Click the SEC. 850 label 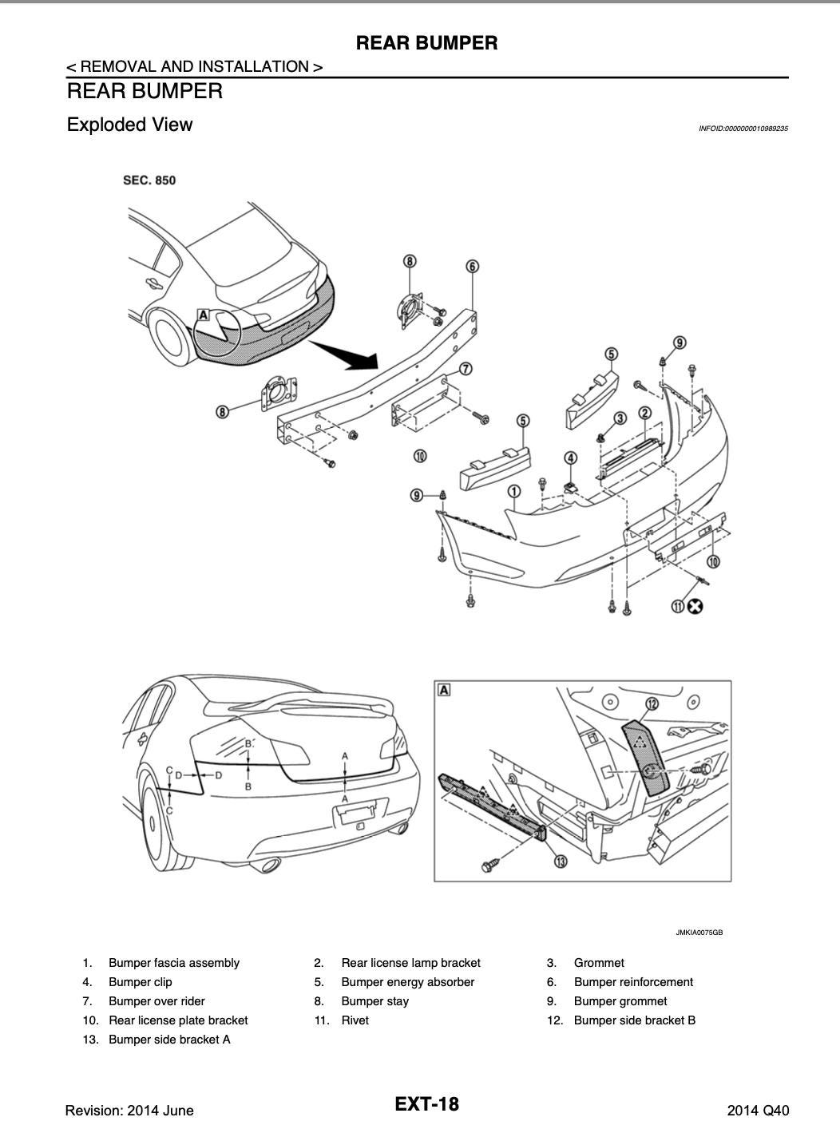click(x=149, y=180)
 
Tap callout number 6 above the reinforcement click(x=473, y=267)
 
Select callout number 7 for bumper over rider click(x=466, y=369)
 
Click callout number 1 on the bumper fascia click(x=514, y=491)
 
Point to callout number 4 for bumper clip click(x=570, y=458)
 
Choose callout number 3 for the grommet click(x=620, y=418)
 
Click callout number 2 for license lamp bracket click(x=644, y=414)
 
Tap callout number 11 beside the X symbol click(x=678, y=607)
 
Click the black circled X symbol click(x=695, y=607)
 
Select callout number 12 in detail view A click(x=652, y=703)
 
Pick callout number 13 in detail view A click(x=561, y=862)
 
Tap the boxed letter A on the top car click(x=203, y=315)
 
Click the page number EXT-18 click(x=427, y=1104)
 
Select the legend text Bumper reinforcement click(x=633, y=982)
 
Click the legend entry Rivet click(x=355, y=1020)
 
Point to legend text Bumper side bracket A click(x=169, y=1040)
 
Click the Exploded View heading click(x=129, y=125)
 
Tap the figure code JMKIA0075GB click(x=699, y=933)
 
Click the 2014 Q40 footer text click(x=758, y=1111)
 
